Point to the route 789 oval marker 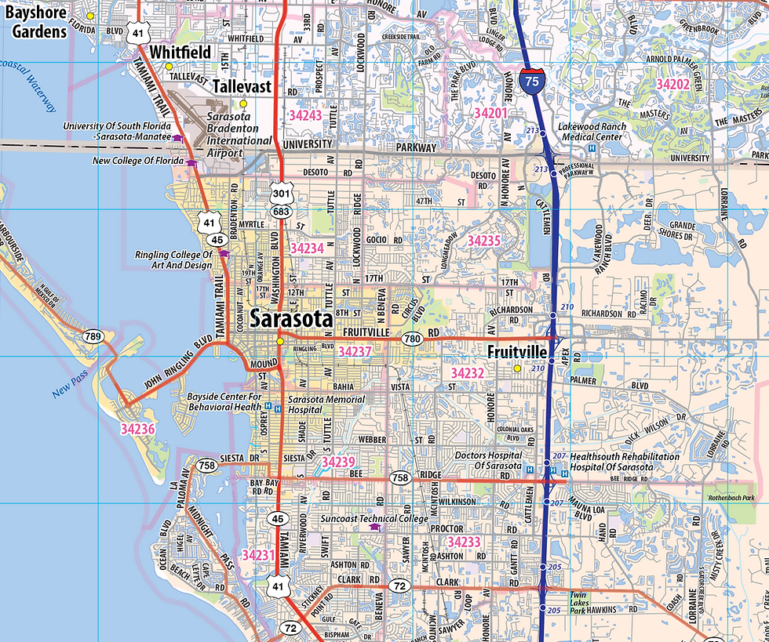[93, 337]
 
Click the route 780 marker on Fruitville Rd [411, 339]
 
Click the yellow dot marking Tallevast [243, 103]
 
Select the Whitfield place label [180, 52]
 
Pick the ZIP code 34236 [138, 429]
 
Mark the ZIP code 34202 [672, 84]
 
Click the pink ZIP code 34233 [464, 542]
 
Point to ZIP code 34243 [305, 114]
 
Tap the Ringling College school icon [224, 253]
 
